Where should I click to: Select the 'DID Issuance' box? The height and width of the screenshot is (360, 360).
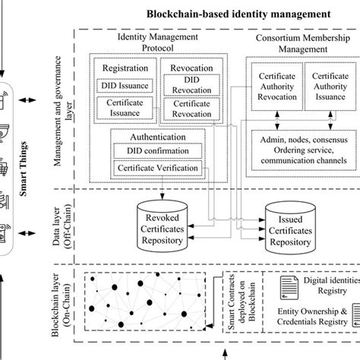tap(125, 86)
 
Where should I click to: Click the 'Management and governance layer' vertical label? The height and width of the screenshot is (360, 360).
tap(70, 110)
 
